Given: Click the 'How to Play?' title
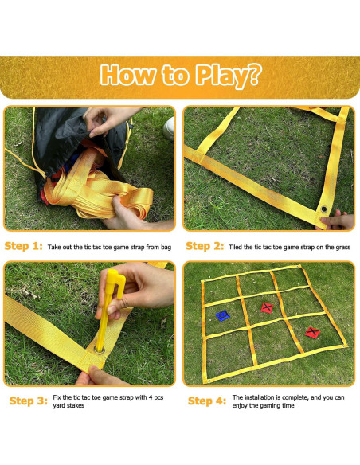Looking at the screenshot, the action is click(x=181, y=76).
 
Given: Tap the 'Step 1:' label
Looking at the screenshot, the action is click(x=24, y=247).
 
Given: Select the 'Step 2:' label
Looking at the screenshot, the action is click(x=205, y=247).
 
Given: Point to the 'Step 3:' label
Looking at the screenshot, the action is click(x=29, y=401).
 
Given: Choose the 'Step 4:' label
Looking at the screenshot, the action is click(x=207, y=401).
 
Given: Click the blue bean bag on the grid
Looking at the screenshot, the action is click(x=222, y=315).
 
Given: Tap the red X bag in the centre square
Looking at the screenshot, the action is click(x=267, y=307).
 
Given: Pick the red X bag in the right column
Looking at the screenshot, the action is click(x=312, y=333).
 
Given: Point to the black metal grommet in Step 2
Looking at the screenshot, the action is click(x=324, y=209).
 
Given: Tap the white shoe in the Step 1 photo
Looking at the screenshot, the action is click(x=170, y=128).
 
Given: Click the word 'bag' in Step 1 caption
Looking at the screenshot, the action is click(x=166, y=248).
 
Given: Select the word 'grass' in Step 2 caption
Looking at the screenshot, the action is click(x=342, y=248).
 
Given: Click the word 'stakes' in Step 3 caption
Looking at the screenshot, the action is click(x=76, y=405).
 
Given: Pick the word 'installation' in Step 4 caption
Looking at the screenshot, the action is click(x=260, y=397).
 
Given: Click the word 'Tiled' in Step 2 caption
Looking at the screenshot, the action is click(x=235, y=247).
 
